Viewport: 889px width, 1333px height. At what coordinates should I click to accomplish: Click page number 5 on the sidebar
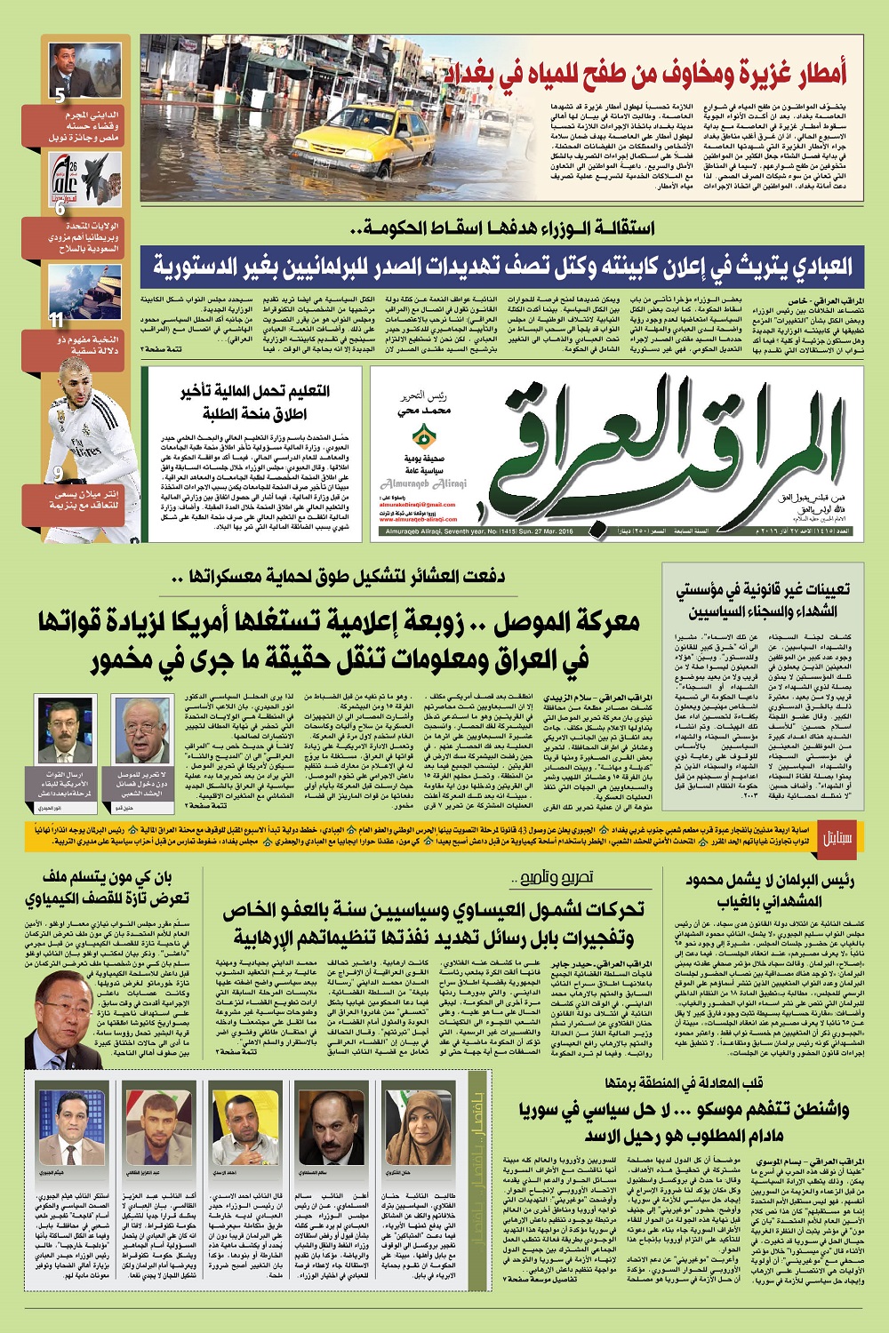coord(59,96)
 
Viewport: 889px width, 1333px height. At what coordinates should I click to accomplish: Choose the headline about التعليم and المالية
coord(256,402)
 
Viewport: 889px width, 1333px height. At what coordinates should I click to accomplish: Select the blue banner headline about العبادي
coord(502,265)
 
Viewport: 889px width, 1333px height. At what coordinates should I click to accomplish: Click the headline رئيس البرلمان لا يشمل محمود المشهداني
coord(769,890)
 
